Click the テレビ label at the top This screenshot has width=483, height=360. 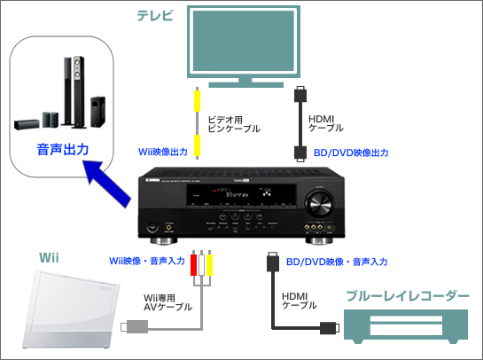(x=155, y=15)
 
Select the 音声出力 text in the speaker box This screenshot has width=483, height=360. (x=62, y=150)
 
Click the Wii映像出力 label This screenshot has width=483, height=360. (x=163, y=153)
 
